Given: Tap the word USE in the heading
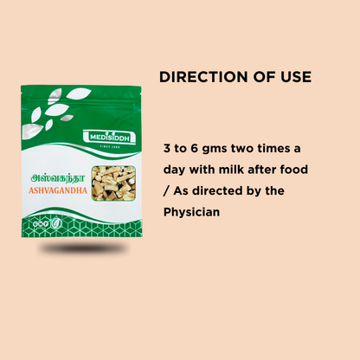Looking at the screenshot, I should pos(294,78).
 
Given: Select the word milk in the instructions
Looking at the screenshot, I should pos(239,169).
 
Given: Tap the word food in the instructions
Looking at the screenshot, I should pos(292,169).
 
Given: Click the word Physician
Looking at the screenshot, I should pos(193,211).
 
